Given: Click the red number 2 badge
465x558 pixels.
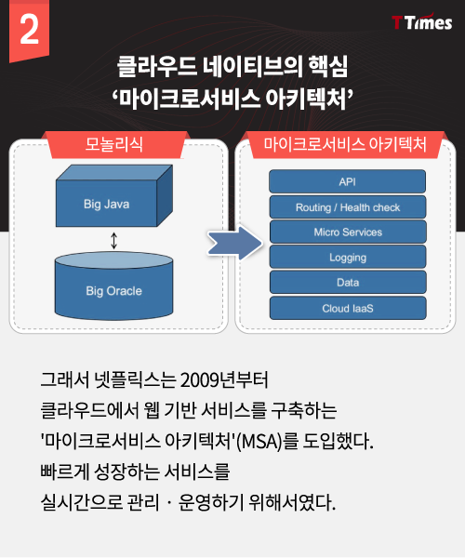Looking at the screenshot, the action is pyautogui.click(x=29, y=31).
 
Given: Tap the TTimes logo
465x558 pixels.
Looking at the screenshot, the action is pyautogui.click(x=422, y=22).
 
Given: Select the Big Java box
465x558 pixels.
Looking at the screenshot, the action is pyautogui.click(x=114, y=195).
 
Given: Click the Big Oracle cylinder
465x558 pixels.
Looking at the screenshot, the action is pyautogui.click(x=113, y=286).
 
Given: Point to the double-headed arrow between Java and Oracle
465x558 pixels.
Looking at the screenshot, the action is pyautogui.click(x=113, y=240).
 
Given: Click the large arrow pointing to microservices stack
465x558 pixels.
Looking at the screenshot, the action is pyautogui.click(x=235, y=243).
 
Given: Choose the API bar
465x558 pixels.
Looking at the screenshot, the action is pyautogui.click(x=347, y=181).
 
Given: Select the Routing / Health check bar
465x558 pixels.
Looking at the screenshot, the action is pyautogui.click(x=348, y=207).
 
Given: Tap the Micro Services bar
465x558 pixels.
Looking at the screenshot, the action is pyautogui.click(x=348, y=232).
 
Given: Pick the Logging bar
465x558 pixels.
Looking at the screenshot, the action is pyautogui.click(x=348, y=257).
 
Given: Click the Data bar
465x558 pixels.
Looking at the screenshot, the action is pyautogui.click(x=348, y=282).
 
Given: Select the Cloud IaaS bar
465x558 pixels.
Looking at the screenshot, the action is pyautogui.click(x=348, y=308).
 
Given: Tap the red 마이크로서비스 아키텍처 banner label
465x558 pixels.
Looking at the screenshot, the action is pyautogui.click(x=345, y=145).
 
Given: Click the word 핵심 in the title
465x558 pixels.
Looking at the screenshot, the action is pyautogui.click(x=327, y=67).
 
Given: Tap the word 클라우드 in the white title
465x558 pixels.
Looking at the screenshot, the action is pyautogui.click(x=157, y=67).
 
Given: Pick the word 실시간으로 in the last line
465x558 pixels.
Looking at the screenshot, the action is pyautogui.click(x=82, y=502).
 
